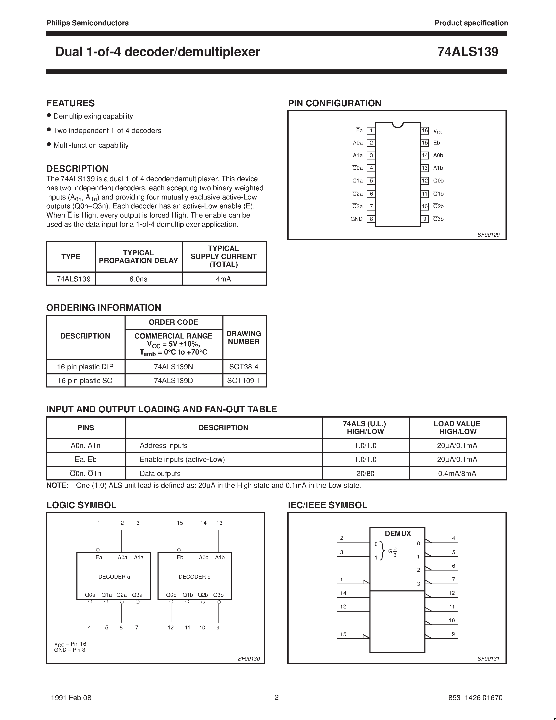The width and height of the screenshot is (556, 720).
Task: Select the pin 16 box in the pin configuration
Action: tap(425, 131)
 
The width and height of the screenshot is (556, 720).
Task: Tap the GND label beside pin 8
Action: tap(356, 219)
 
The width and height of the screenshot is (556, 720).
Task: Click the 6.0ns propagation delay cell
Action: tap(138, 279)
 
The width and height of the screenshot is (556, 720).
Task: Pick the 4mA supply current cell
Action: tap(224, 279)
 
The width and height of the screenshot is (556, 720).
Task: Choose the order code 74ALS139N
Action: tap(173, 367)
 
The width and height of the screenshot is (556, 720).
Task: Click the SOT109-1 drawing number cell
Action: tap(244, 381)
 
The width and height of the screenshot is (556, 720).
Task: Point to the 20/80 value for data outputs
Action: tap(365, 474)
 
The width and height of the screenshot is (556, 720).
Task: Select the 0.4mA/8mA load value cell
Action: tap(457, 474)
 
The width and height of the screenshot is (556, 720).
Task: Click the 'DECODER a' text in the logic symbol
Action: tap(114, 577)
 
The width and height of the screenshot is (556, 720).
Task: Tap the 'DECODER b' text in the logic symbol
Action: tap(194, 577)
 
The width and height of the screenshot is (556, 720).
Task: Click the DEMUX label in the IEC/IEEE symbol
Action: tap(397, 533)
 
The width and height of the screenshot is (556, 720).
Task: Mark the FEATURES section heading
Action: tap(70, 103)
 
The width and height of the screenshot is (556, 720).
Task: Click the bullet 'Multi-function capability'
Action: tap(91, 145)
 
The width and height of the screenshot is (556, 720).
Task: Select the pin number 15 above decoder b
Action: tap(180, 523)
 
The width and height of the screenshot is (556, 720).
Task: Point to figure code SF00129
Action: tap(488, 235)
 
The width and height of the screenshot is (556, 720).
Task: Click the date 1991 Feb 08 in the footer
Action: tap(71, 697)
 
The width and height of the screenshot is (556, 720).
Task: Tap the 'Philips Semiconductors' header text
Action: tap(87, 23)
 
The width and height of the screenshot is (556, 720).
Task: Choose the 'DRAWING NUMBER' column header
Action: tap(244, 337)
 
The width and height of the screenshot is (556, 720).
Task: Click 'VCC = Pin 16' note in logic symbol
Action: tap(70, 644)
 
